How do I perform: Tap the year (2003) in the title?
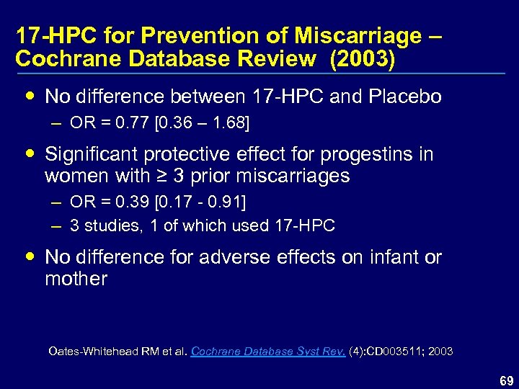[362, 60]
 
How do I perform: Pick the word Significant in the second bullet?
[90, 154]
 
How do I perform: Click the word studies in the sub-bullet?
[112, 225]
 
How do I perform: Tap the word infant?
[394, 257]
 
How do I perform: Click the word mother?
[76, 279]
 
